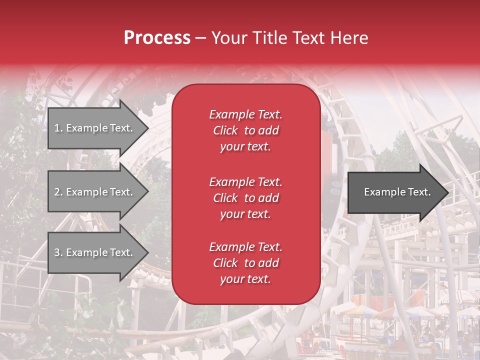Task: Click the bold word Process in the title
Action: pyautogui.click(x=157, y=38)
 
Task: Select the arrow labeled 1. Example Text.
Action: pyautogui.click(x=95, y=128)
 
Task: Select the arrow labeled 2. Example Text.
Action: pyautogui.click(x=95, y=192)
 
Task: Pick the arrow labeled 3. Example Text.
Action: pyautogui.click(x=95, y=252)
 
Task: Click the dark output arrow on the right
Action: pyautogui.click(x=395, y=192)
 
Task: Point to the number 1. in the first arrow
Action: pyautogui.click(x=58, y=128)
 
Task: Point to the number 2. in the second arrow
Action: pyautogui.click(x=58, y=192)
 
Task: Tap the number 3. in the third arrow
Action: pyautogui.click(x=58, y=252)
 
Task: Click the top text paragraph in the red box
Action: pyautogui.click(x=245, y=130)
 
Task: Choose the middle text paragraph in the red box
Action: pyautogui.click(x=245, y=198)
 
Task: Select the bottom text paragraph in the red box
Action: pyautogui.click(x=245, y=263)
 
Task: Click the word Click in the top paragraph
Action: pyautogui.click(x=225, y=130)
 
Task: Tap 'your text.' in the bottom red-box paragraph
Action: pyautogui.click(x=245, y=279)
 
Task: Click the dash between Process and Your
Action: pyautogui.click(x=200, y=38)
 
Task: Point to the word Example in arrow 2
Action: pyautogui.click(x=88, y=192)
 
